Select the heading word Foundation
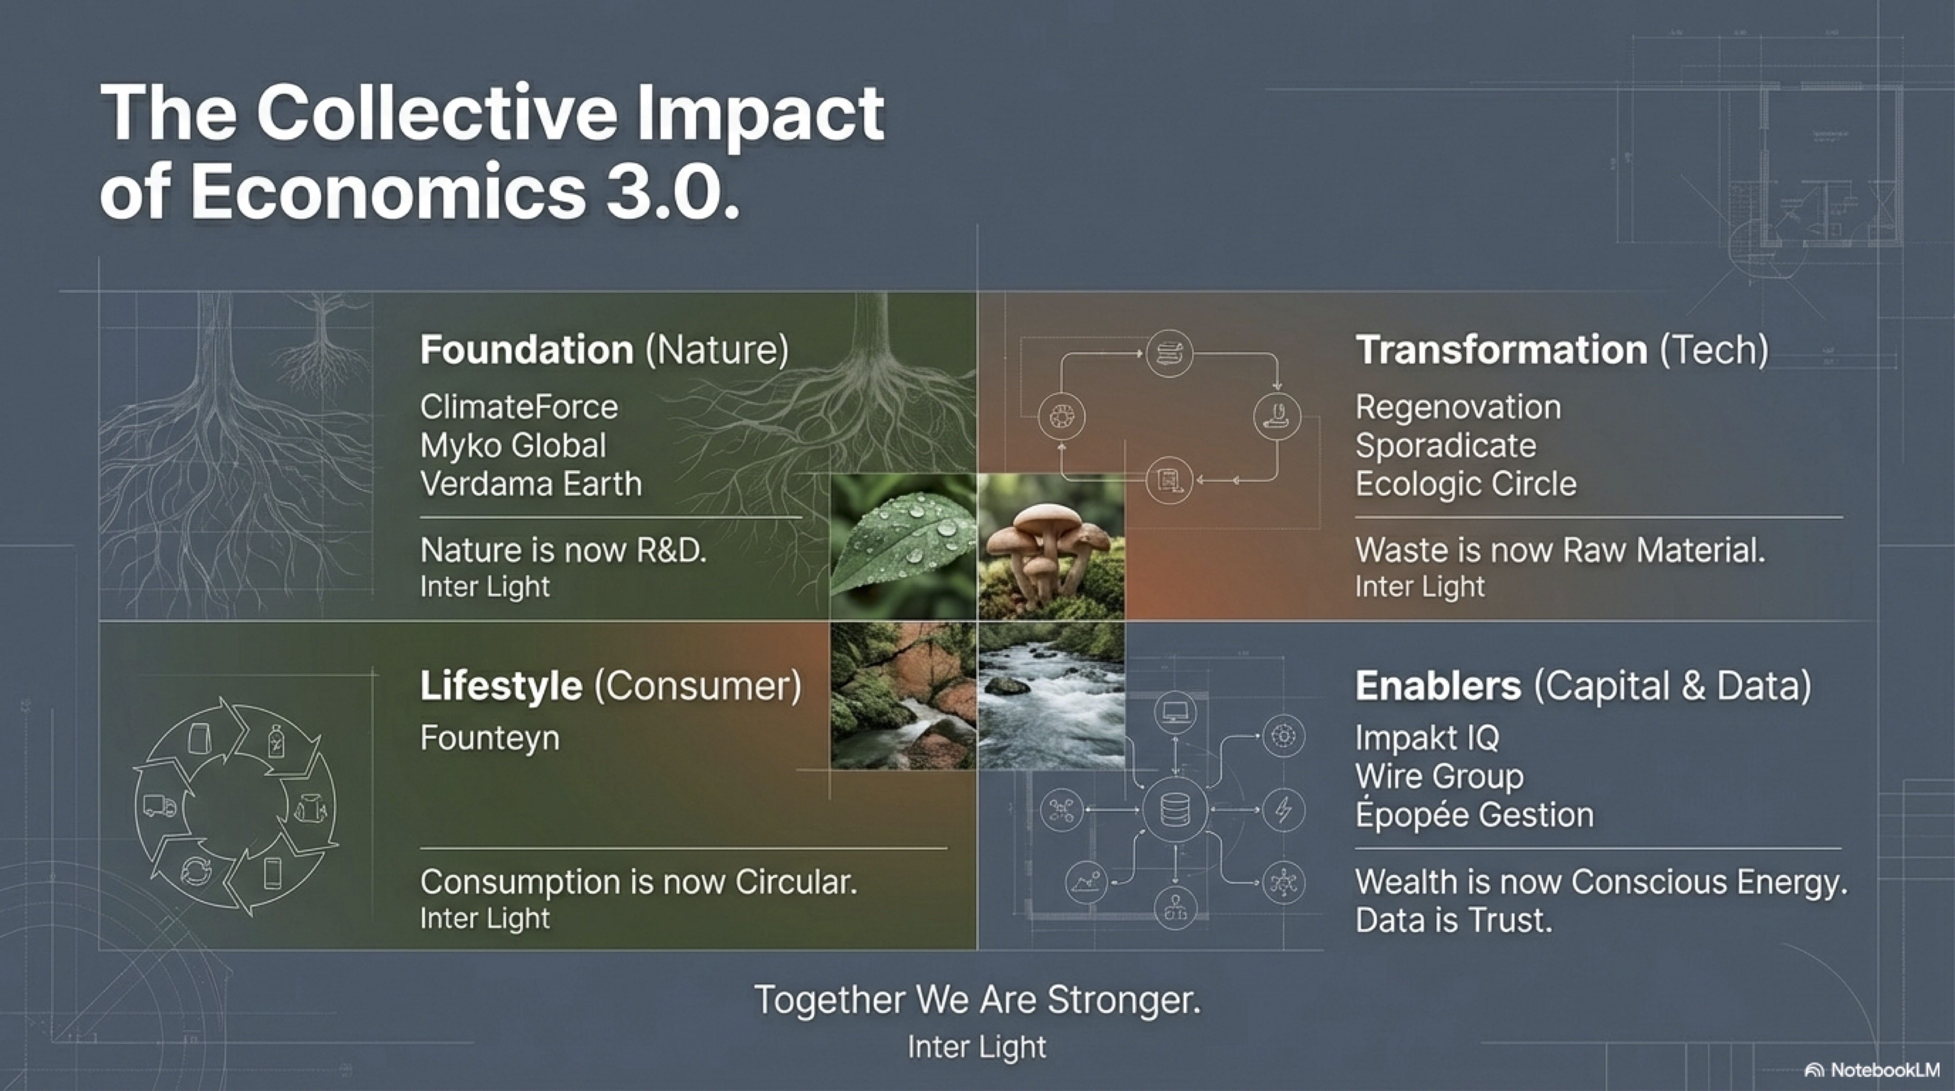527,350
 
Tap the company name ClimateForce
519,407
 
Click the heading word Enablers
1438,686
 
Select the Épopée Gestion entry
1475,814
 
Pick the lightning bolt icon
1283,809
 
